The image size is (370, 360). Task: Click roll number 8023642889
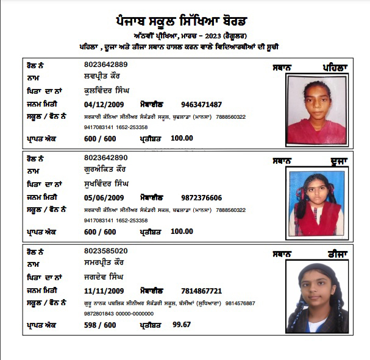tap(105, 65)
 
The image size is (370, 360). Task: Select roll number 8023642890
tap(105, 158)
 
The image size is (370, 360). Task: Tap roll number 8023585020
tap(105, 251)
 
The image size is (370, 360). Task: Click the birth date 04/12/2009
tap(104, 104)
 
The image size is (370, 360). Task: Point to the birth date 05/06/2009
tap(104, 198)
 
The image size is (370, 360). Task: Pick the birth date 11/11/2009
tap(104, 291)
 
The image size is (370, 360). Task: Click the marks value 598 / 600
tap(100, 325)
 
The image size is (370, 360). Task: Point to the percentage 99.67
tap(182, 325)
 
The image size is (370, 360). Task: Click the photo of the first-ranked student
tap(316, 110)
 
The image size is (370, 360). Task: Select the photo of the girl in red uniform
tap(315, 202)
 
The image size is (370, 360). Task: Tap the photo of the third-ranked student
tap(316, 297)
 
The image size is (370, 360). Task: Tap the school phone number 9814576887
tap(241, 303)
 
